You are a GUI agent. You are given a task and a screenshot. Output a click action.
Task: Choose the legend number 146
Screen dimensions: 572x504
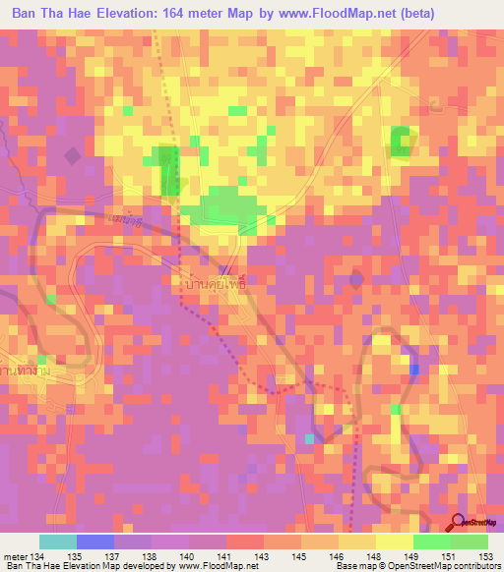(x=338, y=557)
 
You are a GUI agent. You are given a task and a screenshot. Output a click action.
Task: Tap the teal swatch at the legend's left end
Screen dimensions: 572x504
(x=57, y=542)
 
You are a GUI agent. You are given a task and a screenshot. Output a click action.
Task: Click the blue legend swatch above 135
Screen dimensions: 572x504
(x=94, y=542)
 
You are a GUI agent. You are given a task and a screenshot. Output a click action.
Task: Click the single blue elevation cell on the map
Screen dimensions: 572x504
(x=413, y=370)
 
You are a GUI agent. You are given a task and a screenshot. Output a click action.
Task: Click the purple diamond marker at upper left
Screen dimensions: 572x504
(x=72, y=155)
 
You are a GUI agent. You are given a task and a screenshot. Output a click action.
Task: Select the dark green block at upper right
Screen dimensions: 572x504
(x=400, y=141)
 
